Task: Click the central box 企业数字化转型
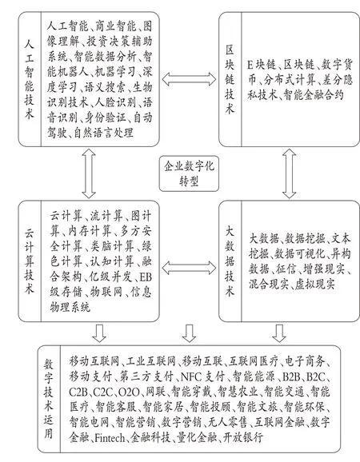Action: (189, 173)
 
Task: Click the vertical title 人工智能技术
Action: (29, 80)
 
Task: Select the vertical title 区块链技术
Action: (230, 80)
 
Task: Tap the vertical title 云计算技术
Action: (29, 261)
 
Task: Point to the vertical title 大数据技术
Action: (230, 261)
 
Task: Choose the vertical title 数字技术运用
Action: (49, 399)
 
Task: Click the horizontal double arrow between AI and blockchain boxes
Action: (189, 78)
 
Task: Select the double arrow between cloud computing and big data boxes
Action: (189, 268)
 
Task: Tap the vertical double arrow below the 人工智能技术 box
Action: (89, 173)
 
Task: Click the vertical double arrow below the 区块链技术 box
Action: (290, 173)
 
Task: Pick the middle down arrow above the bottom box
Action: (189, 333)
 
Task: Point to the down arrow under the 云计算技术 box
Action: (99, 333)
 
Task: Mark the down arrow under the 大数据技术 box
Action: (279, 333)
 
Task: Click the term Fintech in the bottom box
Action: (110, 438)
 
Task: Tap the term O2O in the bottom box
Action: (129, 392)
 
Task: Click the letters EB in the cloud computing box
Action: (146, 277)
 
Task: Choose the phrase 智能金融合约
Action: (314, 95)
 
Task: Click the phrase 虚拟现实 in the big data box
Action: (315, 285)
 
